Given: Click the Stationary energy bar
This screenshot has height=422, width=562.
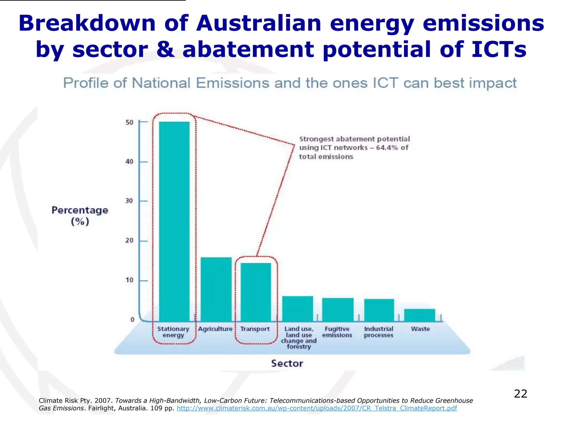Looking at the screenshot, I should (x=174, y=221).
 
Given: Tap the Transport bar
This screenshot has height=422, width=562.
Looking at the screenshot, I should (x=256, y=292).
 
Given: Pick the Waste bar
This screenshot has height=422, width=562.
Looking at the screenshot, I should (x=420, y=315).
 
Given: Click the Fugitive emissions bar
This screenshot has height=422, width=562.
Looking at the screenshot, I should (x=338, y=310).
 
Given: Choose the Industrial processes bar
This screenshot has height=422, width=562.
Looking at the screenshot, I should (x=379, y=310).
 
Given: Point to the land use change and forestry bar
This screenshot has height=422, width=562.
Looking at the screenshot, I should (x=298, y=309).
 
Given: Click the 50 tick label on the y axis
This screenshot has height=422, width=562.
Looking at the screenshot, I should (x=130, y=123).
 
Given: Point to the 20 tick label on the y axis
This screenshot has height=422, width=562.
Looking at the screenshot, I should (x=129, y=241).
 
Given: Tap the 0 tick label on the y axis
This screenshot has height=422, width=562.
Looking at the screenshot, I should (x=132, y=320).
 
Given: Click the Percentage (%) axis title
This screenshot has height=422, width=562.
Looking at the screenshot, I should (x=80, y=216).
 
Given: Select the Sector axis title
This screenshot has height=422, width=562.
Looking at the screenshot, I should (x=287, y=363).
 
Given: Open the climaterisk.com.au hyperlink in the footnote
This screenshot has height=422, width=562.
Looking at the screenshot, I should (x=317, y=408).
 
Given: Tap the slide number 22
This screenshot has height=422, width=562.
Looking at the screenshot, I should (x=521, y=394).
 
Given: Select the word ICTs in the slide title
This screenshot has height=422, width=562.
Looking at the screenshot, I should (x=499, y=49).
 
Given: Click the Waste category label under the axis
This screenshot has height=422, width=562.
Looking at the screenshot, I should (x=420, y=329).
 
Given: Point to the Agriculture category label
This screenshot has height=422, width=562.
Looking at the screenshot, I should (x=215, y=329).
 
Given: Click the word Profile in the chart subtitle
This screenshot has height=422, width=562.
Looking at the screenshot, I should (x=86, y=83).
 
